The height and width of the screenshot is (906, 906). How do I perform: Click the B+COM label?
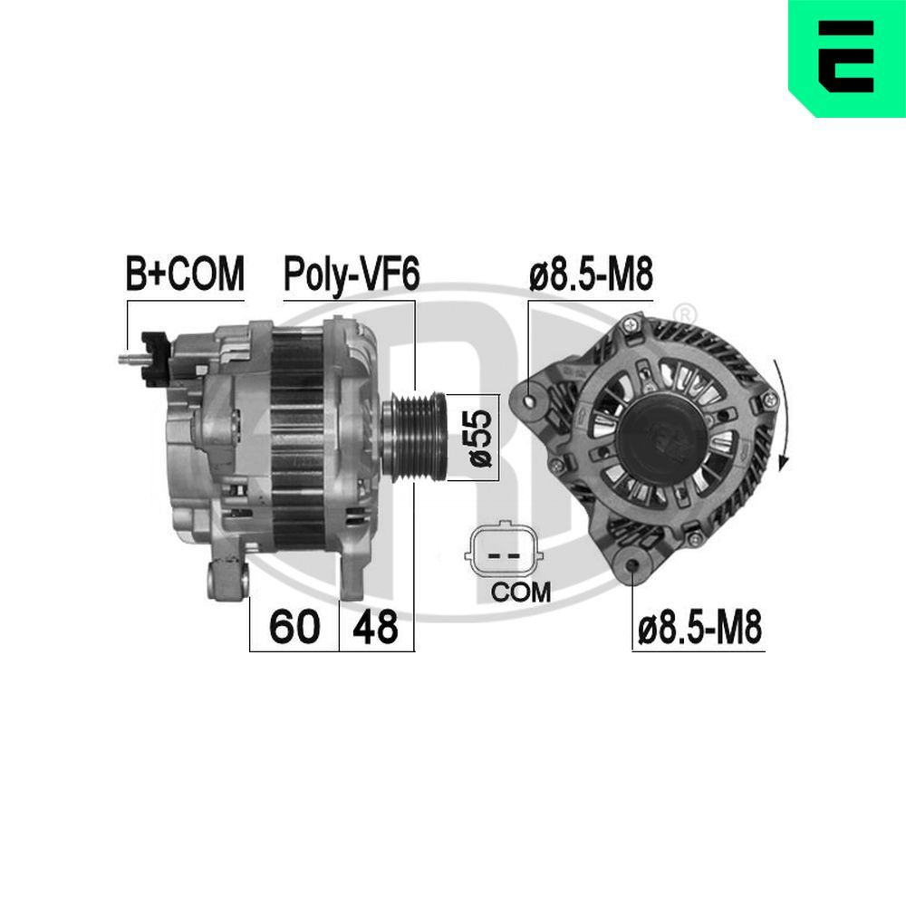185,274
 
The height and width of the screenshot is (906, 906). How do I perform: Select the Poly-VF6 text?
352,274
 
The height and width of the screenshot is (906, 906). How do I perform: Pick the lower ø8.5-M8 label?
699,627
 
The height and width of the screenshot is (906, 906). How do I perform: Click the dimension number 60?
294,627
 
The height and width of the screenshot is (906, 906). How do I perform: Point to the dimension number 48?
375,627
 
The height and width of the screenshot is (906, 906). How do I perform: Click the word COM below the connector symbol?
519,593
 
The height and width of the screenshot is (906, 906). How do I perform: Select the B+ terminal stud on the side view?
130,359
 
